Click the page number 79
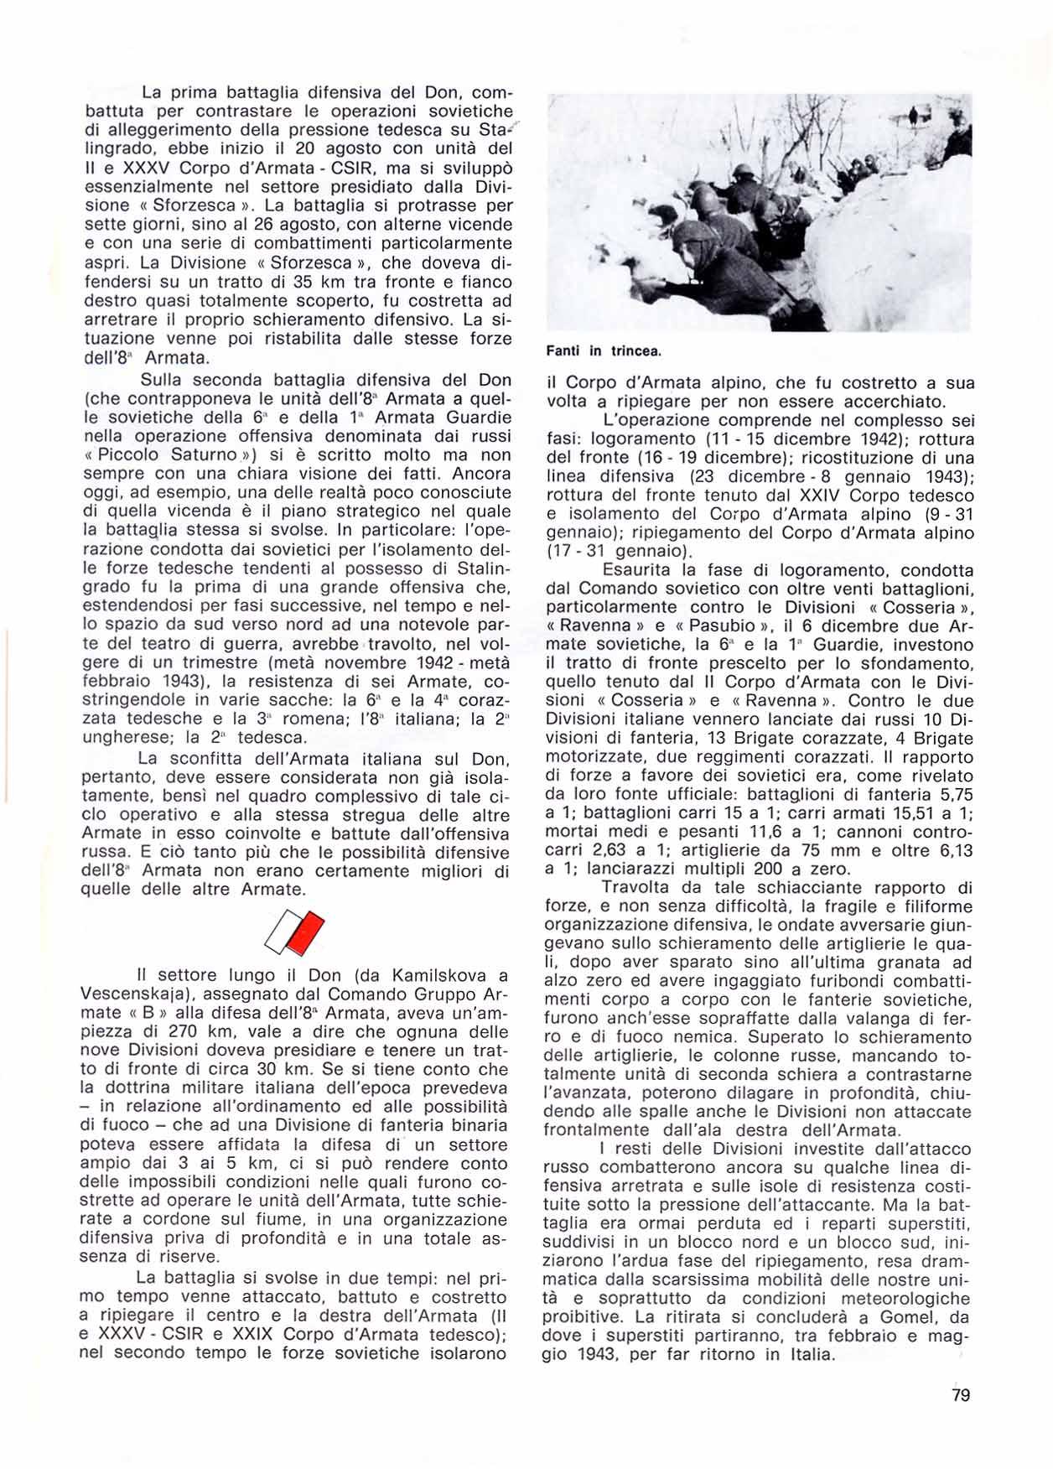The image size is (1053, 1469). point(961,1395)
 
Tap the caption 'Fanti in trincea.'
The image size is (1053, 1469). point(604,351)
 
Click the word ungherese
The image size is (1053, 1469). point(123,738)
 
